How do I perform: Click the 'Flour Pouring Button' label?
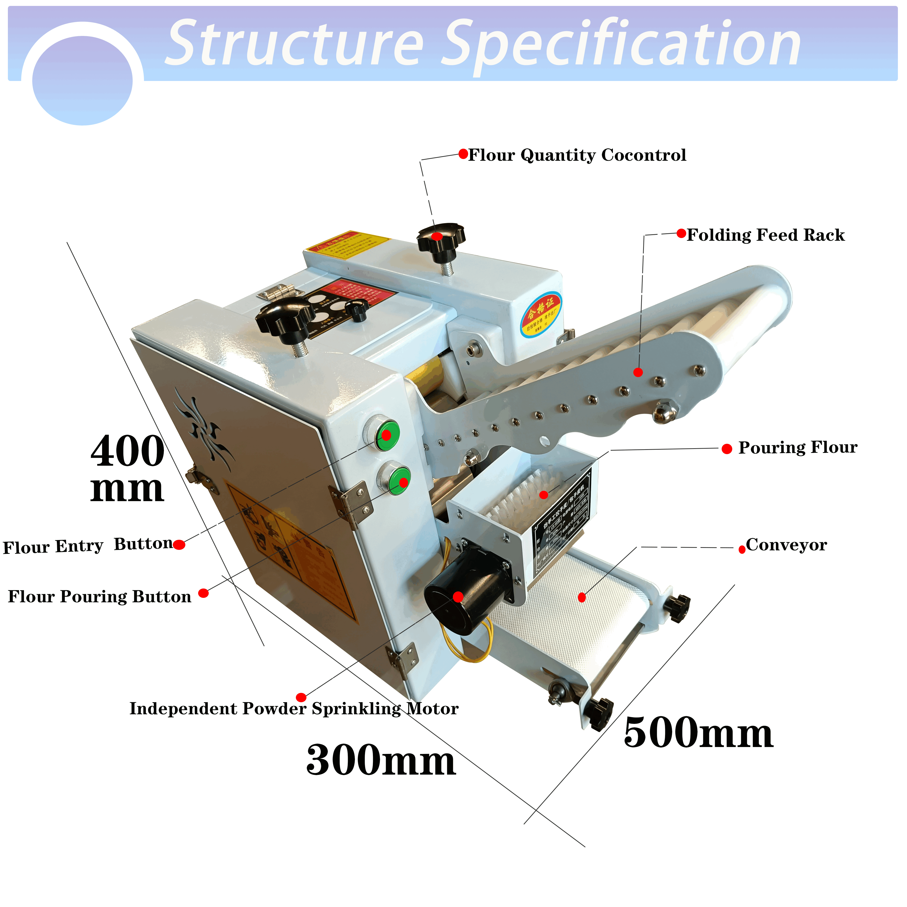(x=99, y=597)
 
